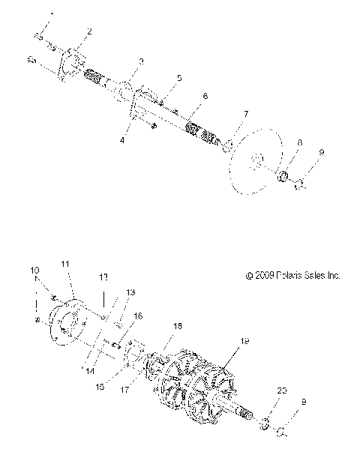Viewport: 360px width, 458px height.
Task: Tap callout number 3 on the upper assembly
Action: coord(140,60)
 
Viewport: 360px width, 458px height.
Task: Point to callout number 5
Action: coord(179,78)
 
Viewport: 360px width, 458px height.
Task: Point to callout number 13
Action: coord(130,292)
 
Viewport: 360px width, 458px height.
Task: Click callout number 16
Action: coord(137,316)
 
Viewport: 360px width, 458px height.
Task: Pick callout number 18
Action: coord(178,327)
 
